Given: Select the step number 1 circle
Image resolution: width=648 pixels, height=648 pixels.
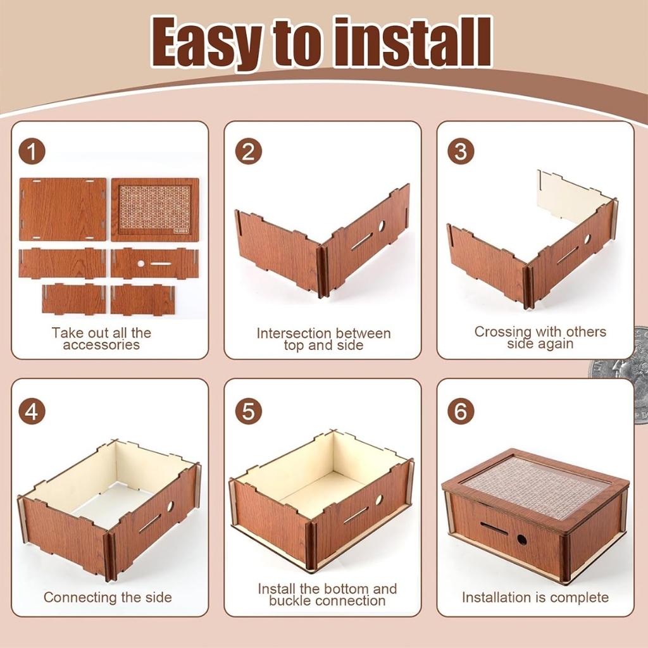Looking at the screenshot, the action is pyautogui.click(x=32, y=152).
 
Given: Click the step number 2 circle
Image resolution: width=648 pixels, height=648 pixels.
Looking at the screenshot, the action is pyautogui.click(x=248, y=152).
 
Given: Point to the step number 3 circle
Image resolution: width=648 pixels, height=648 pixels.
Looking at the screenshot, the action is pyautogui.click(x=461, y=152).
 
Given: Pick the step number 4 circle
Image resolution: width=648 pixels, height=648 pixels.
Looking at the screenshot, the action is pyautogui.click(x=32, y=411).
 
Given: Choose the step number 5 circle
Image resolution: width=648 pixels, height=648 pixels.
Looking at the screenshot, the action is pyautogui.click(x=248, y=411).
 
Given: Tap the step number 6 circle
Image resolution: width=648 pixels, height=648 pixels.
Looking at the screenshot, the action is pyautogui.click(x=461, y=411).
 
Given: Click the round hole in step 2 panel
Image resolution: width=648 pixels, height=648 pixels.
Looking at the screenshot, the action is pyautogui.click(x=382, y=226).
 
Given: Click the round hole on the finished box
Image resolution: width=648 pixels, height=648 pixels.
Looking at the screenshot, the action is pyautogui.click(x=522, y=539).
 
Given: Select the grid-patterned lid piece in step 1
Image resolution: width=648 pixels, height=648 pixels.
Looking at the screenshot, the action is pyautogui.click(x=155, y=209).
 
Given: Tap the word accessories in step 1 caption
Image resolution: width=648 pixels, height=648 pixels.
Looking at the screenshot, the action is pyautogui.click(x=101, y=345).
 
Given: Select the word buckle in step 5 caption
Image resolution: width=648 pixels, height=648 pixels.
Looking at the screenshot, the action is pyautogui.click(x=290, y=601).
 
